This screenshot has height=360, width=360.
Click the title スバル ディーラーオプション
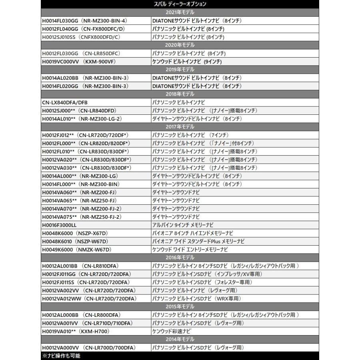coord(180,4)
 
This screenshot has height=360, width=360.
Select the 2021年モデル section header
coord(180,12)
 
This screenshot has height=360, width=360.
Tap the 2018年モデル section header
coord(180,94)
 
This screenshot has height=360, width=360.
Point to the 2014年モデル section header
coord(180,340)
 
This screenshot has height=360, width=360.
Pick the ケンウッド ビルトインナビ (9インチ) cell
coord(187,61)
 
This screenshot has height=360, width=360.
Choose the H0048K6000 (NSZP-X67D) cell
coord(75,233)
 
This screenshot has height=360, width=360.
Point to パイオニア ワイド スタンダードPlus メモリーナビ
coord(198,242)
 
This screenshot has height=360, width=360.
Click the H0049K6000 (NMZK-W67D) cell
coord(76,250)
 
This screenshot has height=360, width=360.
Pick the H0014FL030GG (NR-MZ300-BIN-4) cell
coord(84,20)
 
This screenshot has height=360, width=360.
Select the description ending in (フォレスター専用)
coord(202,282)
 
